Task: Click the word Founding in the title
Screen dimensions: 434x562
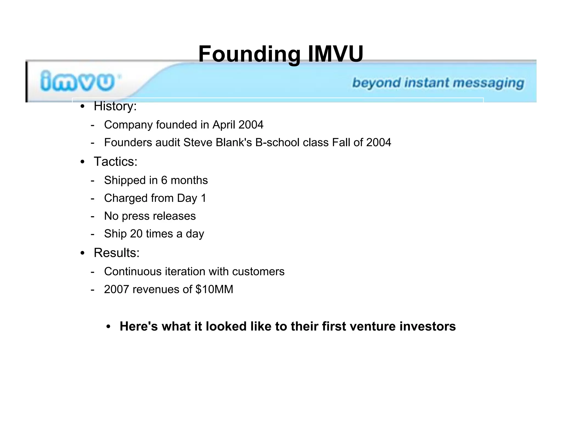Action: tap(249, 54)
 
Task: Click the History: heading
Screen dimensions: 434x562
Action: tap(115, 106)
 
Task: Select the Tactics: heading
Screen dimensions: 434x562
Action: tap(115, 162)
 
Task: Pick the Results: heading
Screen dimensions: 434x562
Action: tap(116, 253)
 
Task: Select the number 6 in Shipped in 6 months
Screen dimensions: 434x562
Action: tap(164, 181)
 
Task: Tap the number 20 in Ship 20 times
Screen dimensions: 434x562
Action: tap(136, 234)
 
